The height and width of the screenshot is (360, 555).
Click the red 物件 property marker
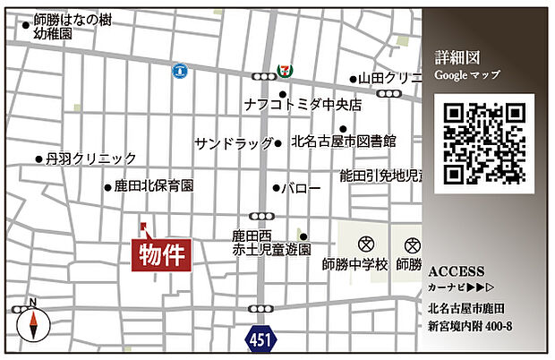(x=162, y=254)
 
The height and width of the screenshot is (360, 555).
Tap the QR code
(x=484, y=143)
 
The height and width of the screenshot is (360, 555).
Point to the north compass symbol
(x=31, y=321)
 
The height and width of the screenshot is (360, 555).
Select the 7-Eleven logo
(x=285, y=68)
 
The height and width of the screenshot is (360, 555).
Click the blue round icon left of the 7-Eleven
(x=180, y=69)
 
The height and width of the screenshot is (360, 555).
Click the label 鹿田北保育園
(x=153, y=188)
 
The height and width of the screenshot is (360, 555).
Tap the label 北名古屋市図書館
(x=344, y=141)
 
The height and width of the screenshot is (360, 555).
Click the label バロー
(x=301, y=189)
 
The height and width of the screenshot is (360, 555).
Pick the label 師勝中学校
(x=355, y=266)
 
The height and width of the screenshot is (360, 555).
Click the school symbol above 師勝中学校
(x=365, y=244)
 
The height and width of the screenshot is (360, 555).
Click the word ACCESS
(x=457, y=271)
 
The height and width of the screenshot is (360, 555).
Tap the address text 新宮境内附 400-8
(x=470, y=326)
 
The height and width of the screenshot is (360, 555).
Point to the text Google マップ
(x=467, y=75)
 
